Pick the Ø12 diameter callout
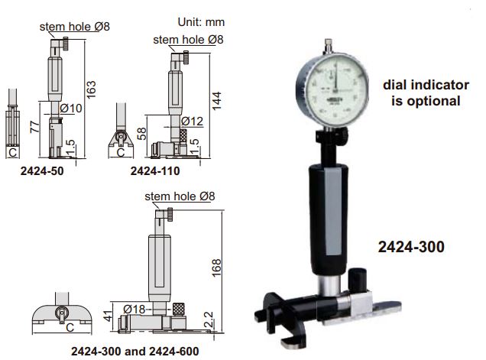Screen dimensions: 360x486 (x=193, y=122)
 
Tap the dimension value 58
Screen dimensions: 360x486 (x=143, y=135)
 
